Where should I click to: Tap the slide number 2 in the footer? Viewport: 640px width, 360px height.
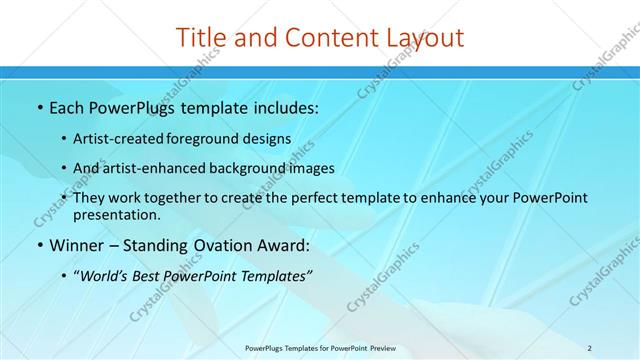tap(590, 348)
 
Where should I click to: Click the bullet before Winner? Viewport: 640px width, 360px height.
tap(39, 245)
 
